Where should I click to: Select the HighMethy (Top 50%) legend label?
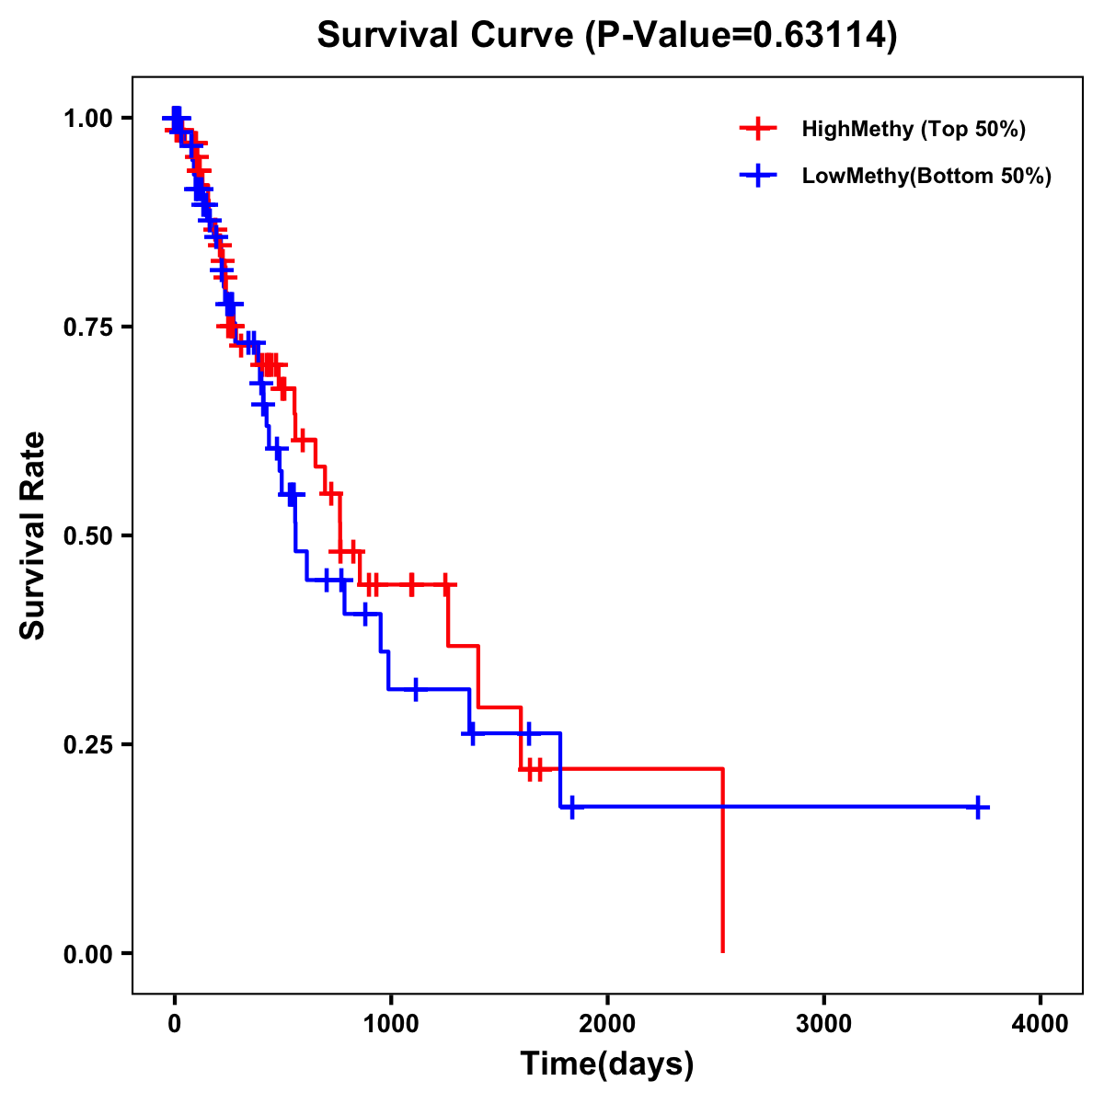coord(913,129)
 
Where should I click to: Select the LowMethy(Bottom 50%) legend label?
coord(926,176)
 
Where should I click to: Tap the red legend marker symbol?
coord(757,129)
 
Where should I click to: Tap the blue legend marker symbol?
coord(757,176)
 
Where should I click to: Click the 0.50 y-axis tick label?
coord(89,535)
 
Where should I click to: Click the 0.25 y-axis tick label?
coord(89,744)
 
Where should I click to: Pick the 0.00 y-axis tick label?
coord(89,953)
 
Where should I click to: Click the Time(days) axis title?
coord(607,1064)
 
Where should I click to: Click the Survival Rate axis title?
coord(34,535)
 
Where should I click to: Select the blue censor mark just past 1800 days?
coord(571,807)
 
